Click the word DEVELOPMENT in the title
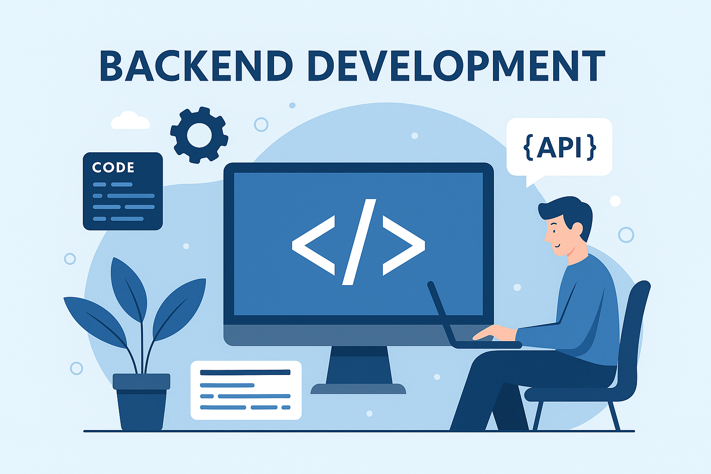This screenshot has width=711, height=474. coord(456,66)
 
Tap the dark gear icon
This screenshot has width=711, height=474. coord(199,135)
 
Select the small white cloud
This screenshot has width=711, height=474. coord(130,121)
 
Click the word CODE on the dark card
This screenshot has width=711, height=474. coord(113,167)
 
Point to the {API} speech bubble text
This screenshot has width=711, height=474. coord(559,147)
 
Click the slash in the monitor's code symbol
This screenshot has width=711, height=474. coord(359,242)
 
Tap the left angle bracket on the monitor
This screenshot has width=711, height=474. coord(313,245)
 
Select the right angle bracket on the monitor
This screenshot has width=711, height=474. coord(403,245)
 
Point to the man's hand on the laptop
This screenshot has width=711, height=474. coord(493,332)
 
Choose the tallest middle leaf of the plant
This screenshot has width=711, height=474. coord(129,289)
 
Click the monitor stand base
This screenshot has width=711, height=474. coord(358,389)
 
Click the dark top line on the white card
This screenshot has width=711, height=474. coord(245,372)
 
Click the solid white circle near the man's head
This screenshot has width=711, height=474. coord(615,201)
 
